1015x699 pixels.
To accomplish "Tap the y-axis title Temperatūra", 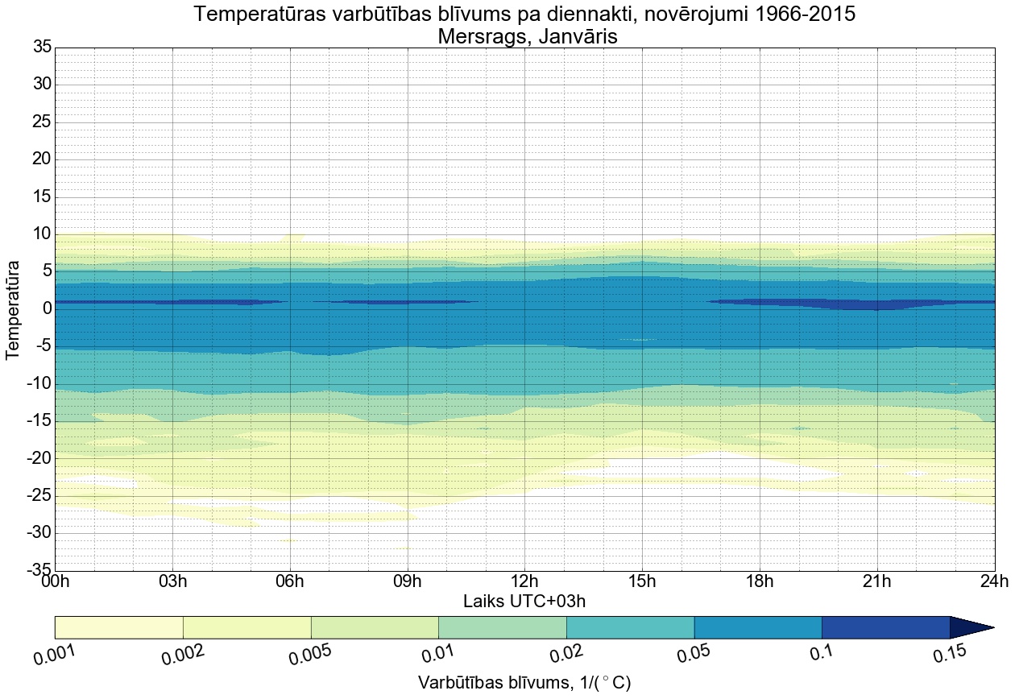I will tap(13, 308).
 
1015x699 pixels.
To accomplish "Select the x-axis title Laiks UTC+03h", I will tap(524, 601).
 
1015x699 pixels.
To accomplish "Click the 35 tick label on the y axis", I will tap(41, 48).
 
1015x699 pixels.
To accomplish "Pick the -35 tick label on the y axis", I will tap(38, 570).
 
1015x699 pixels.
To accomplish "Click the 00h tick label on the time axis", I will tap(55, 581).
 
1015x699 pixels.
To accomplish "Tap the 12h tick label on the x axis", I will tap(524, 581).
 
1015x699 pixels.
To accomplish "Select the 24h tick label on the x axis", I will tap(994, 581).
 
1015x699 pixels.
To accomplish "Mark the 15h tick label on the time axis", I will tap(642, 581).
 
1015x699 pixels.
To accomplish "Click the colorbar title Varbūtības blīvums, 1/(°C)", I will tap(524, 682).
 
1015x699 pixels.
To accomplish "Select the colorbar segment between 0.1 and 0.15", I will tap(885, 627).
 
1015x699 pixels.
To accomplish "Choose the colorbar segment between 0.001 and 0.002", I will tap(119, 627).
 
